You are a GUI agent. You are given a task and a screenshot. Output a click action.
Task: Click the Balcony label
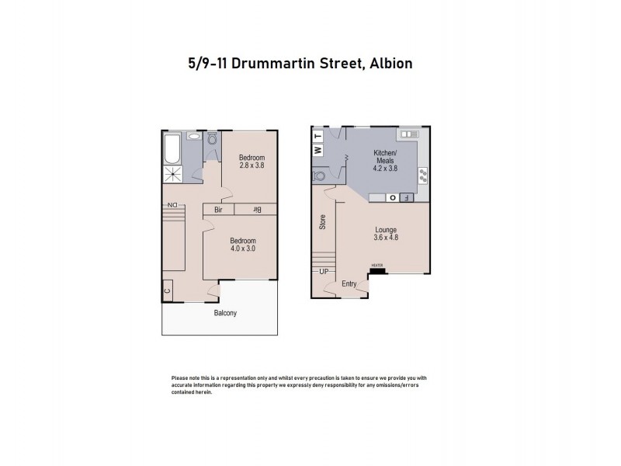(225, 313)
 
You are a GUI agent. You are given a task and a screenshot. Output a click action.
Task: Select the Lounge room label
(386, 230)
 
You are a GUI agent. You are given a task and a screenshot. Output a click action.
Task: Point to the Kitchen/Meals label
(386, 156)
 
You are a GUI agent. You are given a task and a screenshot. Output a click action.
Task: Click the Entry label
(349, 284)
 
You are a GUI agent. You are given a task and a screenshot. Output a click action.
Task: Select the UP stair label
(324, 272)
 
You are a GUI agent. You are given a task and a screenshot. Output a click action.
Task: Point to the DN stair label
(171, 205)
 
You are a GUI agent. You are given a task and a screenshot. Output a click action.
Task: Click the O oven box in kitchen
(393, 197)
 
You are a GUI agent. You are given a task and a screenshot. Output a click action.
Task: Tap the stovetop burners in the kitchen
(423, 174)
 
